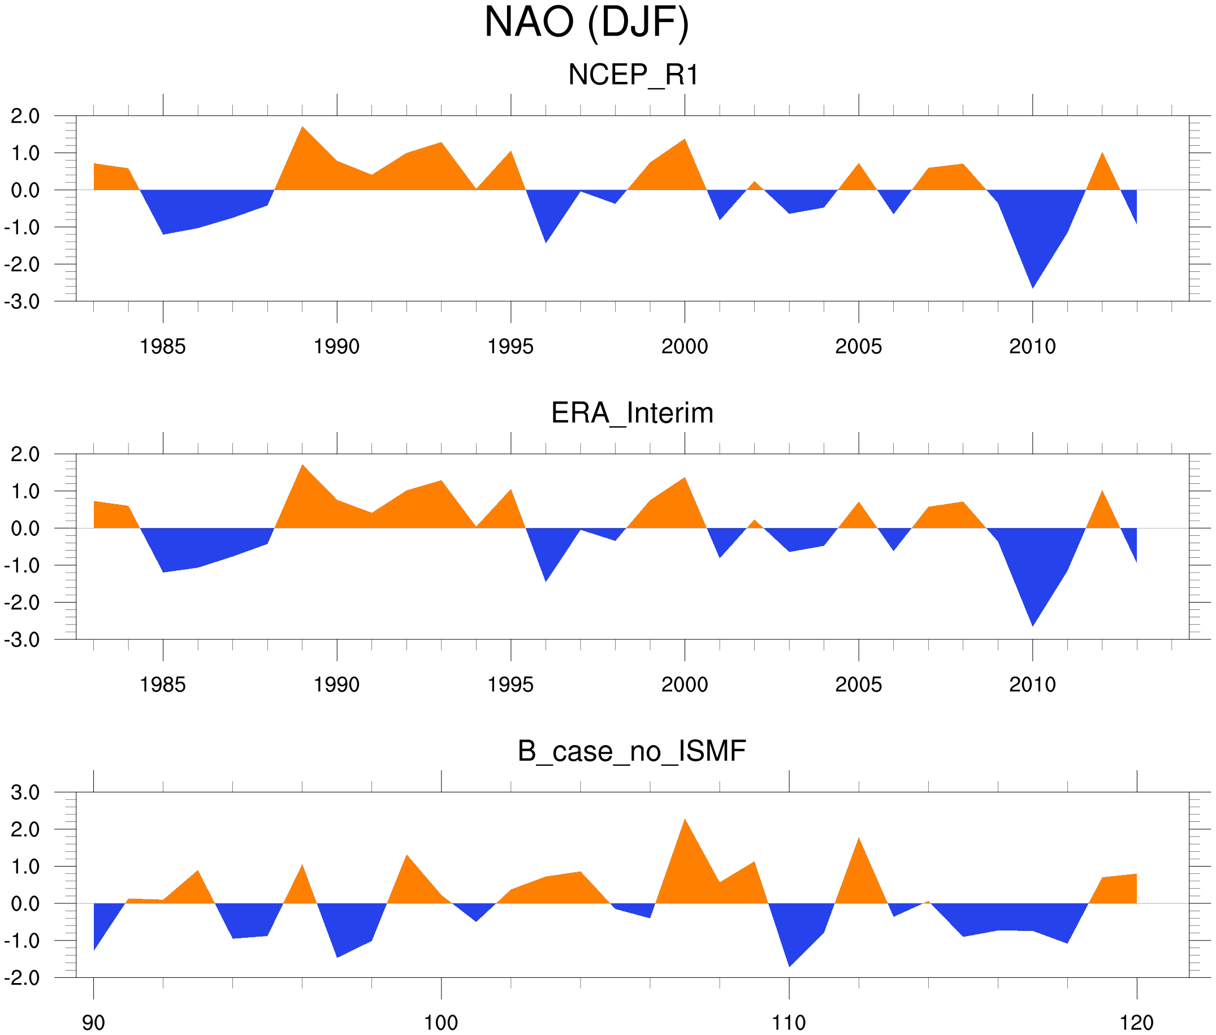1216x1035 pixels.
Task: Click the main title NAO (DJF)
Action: (x=586, y=24)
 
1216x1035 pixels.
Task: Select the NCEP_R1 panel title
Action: (x=633, y=75)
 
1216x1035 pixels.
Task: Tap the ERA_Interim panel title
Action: (x=632, y=413)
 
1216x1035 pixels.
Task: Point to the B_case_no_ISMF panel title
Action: (x=631, y=751)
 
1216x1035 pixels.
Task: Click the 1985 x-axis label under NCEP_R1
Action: (x=163, y=347)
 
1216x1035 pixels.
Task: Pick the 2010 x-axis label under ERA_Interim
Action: (x=1032, y=685)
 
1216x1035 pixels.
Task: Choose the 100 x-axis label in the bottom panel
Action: (x=441, y=1023)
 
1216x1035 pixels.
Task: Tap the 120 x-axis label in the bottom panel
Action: (x=1137, y=1023)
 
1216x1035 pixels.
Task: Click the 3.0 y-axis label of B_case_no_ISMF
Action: (x=25, y=793)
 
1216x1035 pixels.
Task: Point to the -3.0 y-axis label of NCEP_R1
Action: (x=21, y=302)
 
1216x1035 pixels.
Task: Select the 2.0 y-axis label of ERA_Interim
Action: (x=25, y=454)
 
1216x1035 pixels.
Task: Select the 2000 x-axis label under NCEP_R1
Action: (x=684, y=347)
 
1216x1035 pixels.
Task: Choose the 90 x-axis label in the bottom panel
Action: (x=93, y=1023)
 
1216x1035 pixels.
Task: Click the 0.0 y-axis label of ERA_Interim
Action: (x=25, y=529)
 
